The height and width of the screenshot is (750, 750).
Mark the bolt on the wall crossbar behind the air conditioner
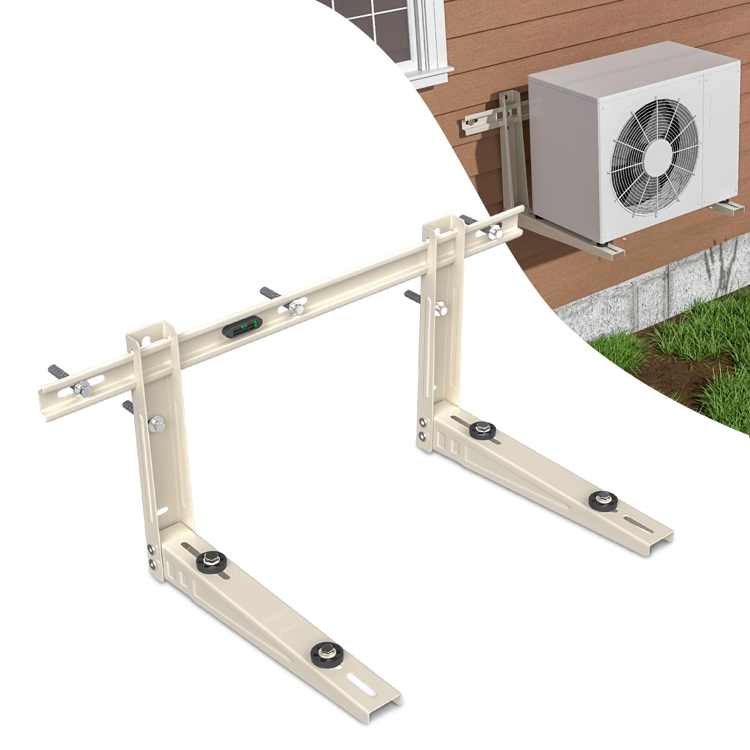pos(472,122)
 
